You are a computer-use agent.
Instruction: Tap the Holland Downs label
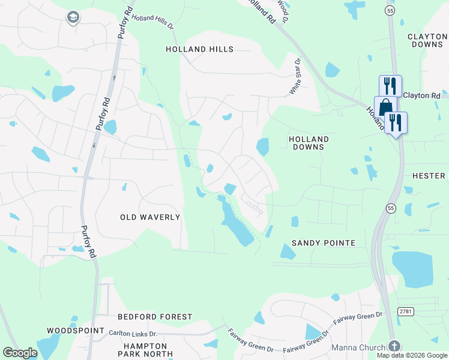306,142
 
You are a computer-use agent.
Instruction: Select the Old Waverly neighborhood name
150,217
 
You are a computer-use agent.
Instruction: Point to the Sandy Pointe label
324,243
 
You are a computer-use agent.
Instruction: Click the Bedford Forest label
155,316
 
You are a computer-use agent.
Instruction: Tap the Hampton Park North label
145,350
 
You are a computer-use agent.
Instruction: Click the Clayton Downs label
427,40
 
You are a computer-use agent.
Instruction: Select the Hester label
429,176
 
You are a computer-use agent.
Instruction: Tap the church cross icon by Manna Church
394,346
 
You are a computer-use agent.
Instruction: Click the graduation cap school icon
73,17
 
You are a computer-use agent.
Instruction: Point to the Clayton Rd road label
421,95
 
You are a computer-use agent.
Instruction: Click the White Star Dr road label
294,76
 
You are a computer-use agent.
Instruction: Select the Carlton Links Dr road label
133,333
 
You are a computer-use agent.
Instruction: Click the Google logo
20,353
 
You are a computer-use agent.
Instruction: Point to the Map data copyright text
411,355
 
